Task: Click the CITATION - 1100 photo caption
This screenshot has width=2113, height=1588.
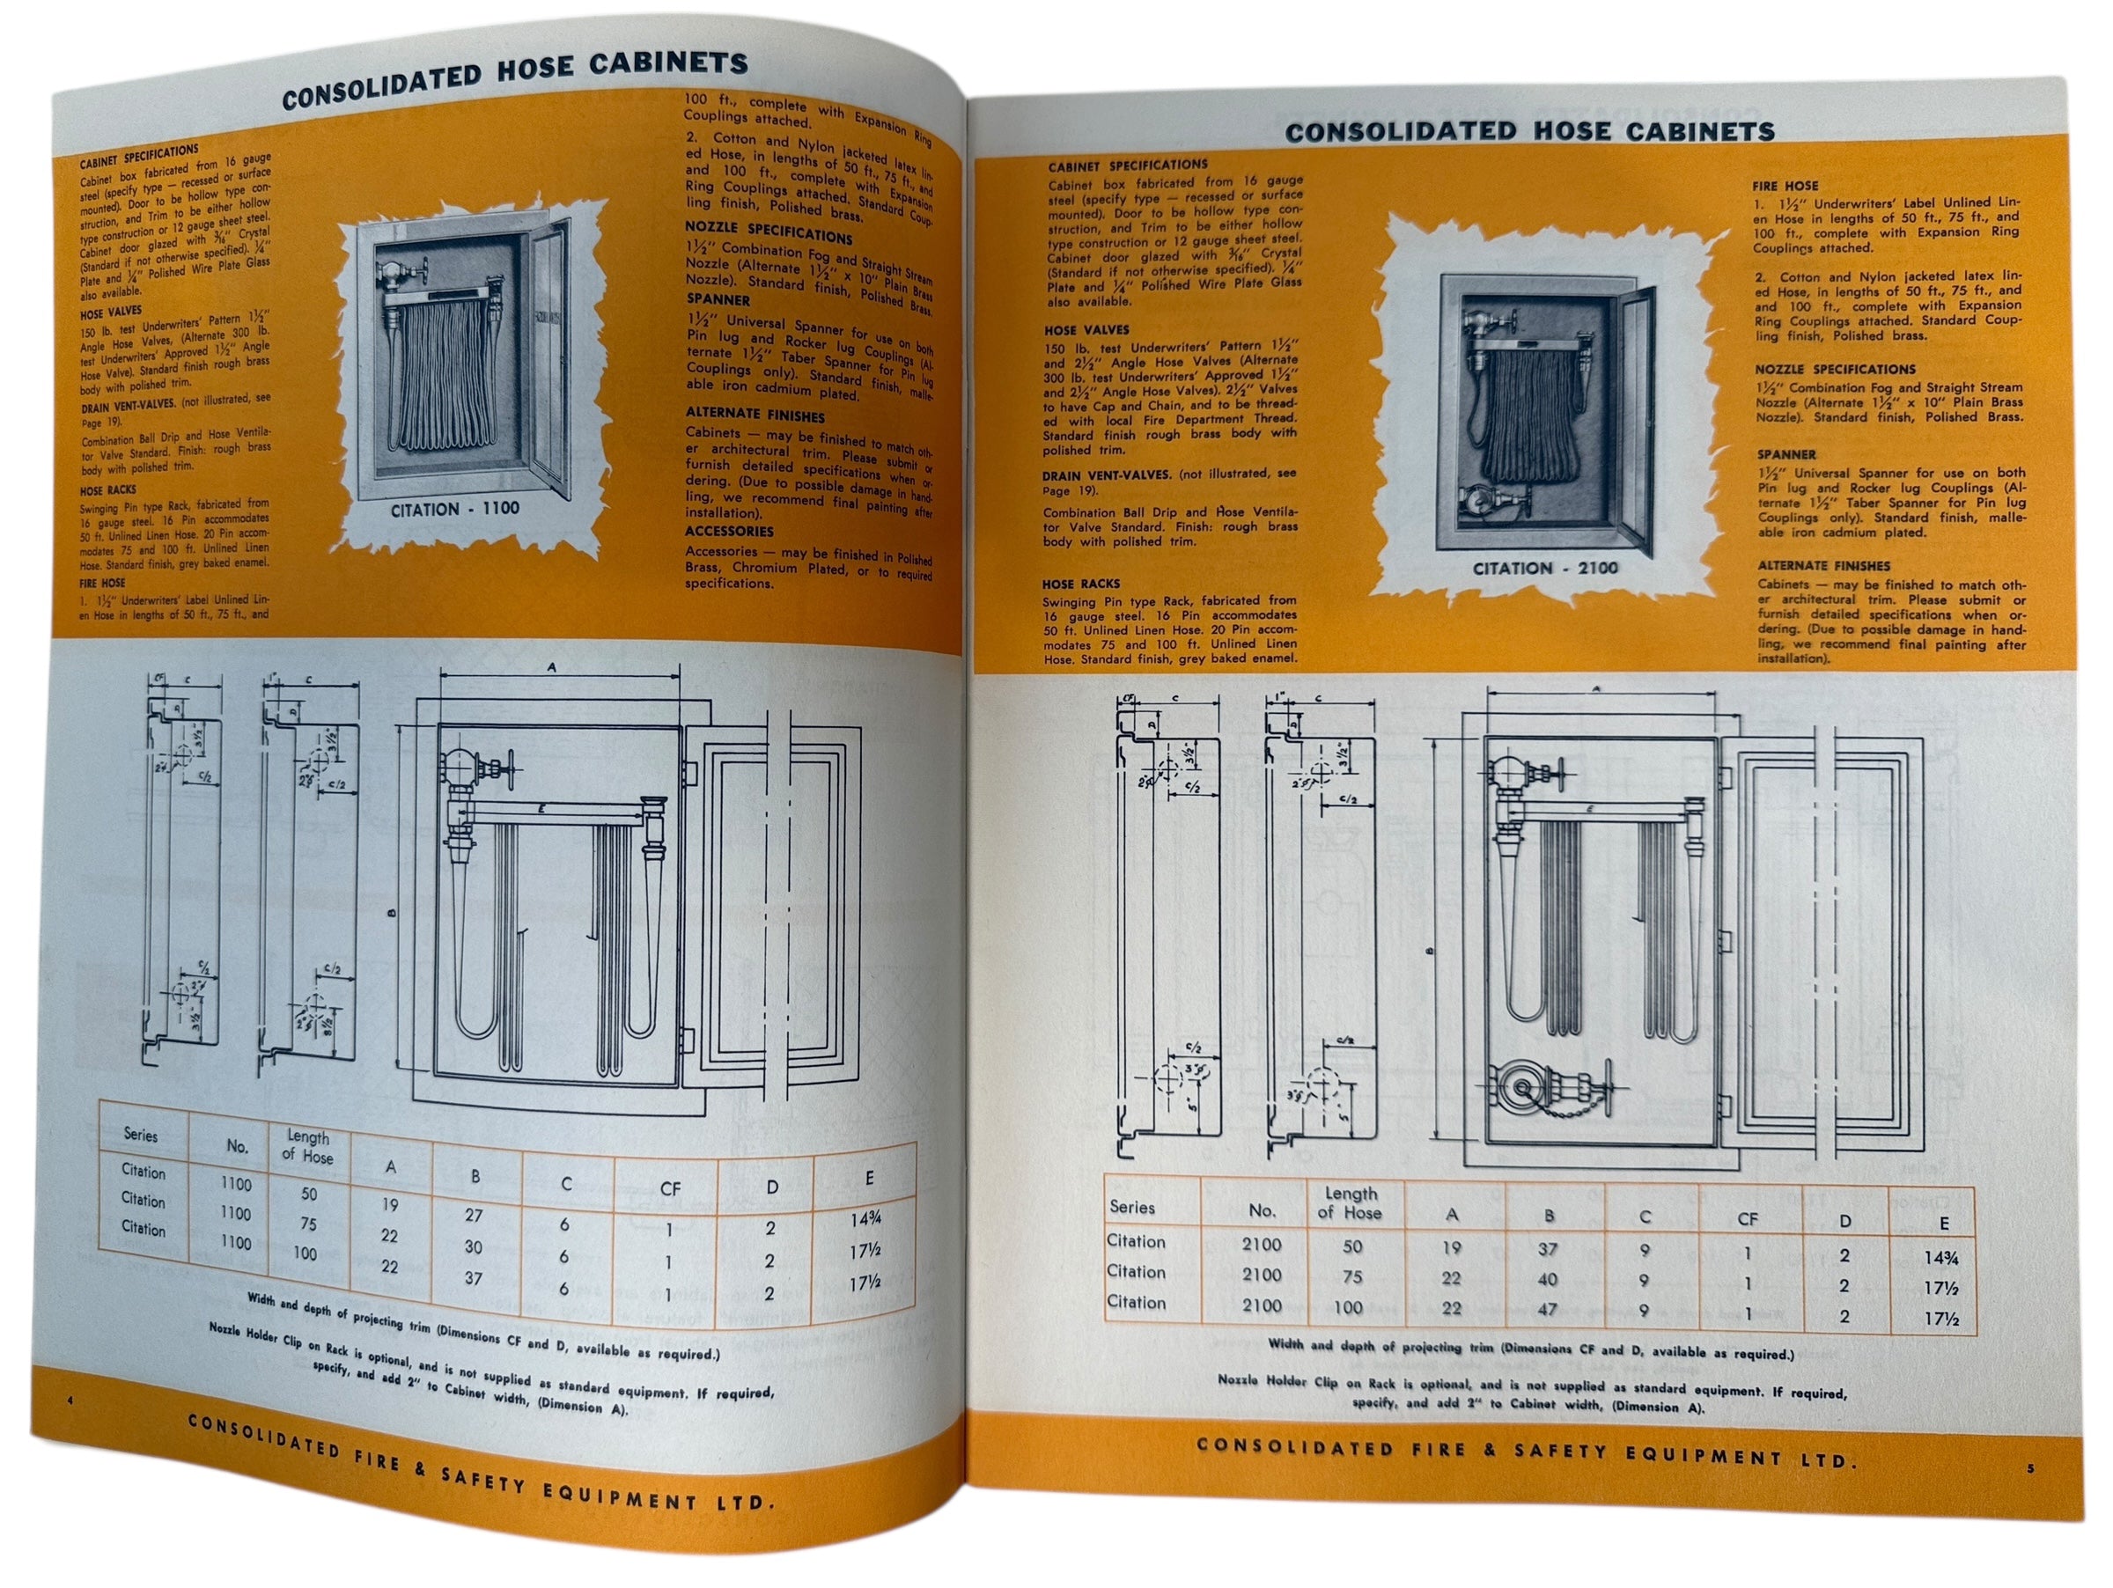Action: click(454, 510)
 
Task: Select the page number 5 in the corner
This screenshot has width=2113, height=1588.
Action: click(2030, 1468)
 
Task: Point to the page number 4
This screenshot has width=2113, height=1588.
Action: click(70, 1400)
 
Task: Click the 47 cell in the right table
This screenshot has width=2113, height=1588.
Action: click(1548, 1309)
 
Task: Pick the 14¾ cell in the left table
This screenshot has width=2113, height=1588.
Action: click(865, 1219)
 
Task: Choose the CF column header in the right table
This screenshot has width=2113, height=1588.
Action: click(1747, 1219)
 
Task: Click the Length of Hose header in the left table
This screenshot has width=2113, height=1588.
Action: click(307, 1147)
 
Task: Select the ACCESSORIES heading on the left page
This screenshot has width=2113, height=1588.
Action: click(729, 532)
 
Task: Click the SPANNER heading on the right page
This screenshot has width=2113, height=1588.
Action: click(1786, 454)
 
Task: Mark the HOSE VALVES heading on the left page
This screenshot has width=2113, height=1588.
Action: click(111, 312)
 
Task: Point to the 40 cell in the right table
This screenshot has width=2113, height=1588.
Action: click(1548, 1280)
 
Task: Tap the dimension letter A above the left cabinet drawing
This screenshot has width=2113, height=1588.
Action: click(551, 667)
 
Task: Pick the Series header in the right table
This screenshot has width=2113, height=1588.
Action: click(1133, 1207)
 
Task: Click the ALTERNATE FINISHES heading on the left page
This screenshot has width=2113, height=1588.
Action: click(755, 415)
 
